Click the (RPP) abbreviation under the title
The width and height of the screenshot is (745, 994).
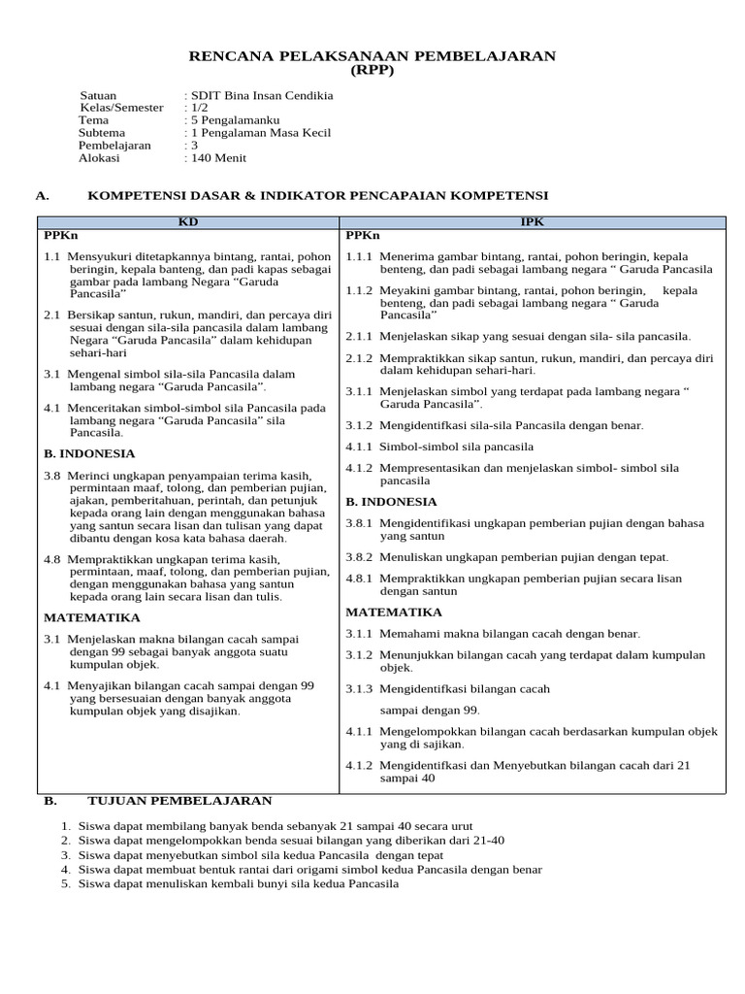coord(372,71)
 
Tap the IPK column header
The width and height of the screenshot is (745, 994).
coord(532,222)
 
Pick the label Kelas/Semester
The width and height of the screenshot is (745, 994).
coord(121,108)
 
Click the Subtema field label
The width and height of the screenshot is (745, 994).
coord(102,133)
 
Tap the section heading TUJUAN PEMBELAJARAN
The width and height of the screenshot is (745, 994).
coord(179,800)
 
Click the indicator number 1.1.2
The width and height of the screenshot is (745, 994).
coord(359,290)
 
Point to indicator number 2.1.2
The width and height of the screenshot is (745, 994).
coord(359,358)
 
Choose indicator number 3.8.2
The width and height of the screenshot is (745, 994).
coord(359,557)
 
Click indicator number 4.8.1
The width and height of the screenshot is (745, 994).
coord(359,579)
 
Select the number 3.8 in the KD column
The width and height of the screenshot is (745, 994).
coord(52,476)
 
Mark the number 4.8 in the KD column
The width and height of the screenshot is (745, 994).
coord(52,559)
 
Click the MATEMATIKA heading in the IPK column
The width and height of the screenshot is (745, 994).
coord(394,613)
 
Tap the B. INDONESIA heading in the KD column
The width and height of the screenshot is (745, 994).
coord(89,453)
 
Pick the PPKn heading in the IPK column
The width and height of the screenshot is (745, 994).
coord(363,236)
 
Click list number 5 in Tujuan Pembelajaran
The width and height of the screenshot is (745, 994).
coord(65,884)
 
